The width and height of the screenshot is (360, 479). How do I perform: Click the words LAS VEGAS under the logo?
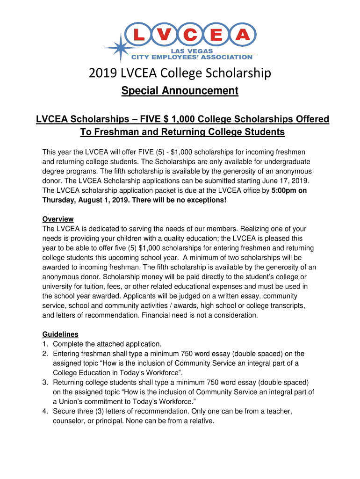pyautogui.click(x=192, y=51)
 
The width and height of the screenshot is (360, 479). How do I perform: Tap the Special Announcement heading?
pyautogui.click(x=180, y=91)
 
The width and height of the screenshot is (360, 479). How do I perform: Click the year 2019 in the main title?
pyautogui.click(x=102, y=73)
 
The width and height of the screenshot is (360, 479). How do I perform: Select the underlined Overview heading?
pyautogui.click(x=58, y=219)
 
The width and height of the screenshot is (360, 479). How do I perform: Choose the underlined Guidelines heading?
pyautogui.click(x=60, y=334)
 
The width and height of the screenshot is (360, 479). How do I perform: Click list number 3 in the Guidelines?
pyautogui.click(x=45, y=382)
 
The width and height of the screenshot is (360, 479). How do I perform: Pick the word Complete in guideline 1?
pyautogui.click(x=69, y=344)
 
